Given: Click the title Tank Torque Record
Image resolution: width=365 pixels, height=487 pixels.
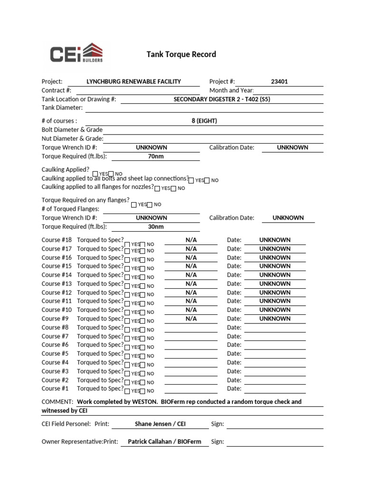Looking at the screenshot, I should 181,54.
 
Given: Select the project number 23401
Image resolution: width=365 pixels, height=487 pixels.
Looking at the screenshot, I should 279,81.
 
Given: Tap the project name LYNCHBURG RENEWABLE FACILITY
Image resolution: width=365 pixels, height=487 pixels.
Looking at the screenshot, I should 134,81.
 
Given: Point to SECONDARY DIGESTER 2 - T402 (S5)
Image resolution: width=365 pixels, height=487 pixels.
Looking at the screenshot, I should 222,99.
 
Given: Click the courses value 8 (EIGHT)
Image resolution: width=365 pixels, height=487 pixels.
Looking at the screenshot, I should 204,121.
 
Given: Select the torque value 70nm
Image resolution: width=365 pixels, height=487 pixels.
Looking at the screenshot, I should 152,156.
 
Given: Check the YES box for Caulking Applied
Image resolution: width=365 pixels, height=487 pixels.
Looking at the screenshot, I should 96,174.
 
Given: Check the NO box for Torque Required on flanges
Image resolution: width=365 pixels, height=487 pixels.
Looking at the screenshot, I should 150,205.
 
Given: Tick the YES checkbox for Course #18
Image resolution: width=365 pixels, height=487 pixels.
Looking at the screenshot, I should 127,244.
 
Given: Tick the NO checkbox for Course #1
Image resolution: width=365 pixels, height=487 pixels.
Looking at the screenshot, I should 143,391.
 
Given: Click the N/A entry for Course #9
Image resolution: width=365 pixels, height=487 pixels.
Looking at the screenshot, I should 191,319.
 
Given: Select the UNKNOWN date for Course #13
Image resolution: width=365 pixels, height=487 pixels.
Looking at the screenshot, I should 275,283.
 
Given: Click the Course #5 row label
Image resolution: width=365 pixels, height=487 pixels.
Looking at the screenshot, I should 55,353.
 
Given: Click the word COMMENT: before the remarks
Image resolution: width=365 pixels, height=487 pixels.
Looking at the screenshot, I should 58,401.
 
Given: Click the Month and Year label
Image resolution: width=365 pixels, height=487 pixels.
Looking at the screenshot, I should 231,90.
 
